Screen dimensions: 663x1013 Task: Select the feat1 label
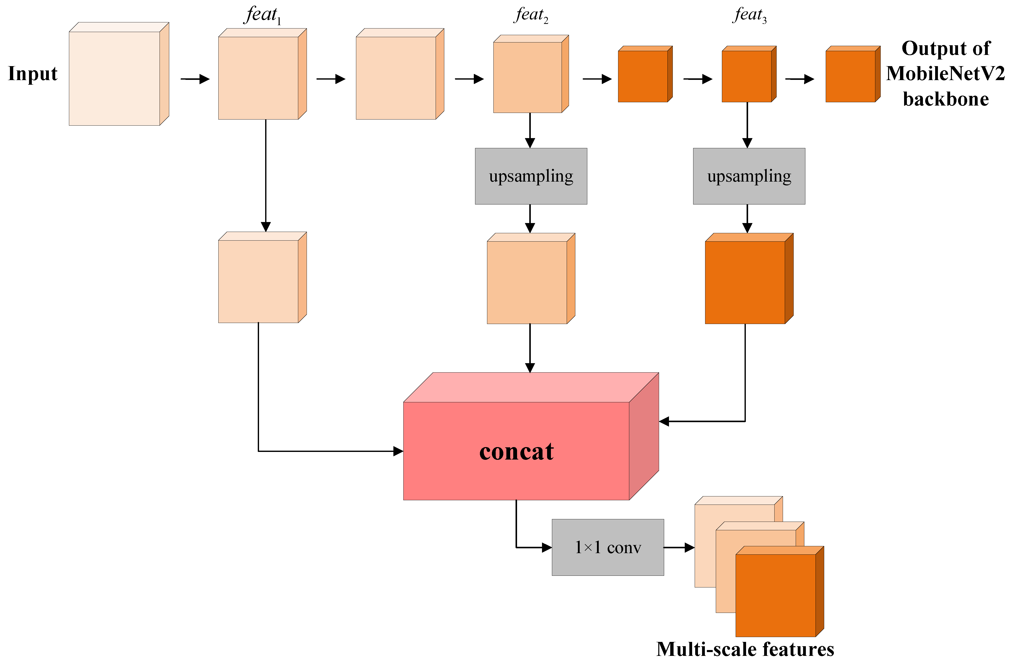coord(263,15)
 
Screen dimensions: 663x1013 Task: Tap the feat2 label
coord(531,15)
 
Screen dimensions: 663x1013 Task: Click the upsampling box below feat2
coord(531,176)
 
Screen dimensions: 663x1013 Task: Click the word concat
coord(516,452)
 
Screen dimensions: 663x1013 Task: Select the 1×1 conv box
coord(608,547)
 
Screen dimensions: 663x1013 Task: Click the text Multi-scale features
coord(745,649)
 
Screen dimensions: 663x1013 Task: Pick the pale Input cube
coord(115,78)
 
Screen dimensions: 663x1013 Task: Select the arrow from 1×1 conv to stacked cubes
coord(679,548)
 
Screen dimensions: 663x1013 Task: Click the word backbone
coord(946,99)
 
